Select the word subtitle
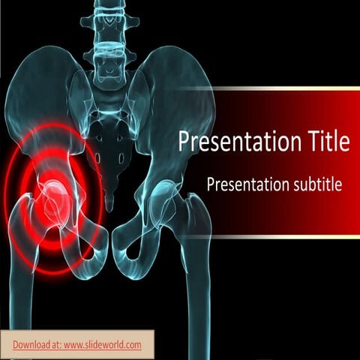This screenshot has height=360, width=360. click(x=314, y=184)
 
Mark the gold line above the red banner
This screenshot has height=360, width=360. click(x=285, y=88)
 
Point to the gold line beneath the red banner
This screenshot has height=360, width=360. click(x=285, y=236)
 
